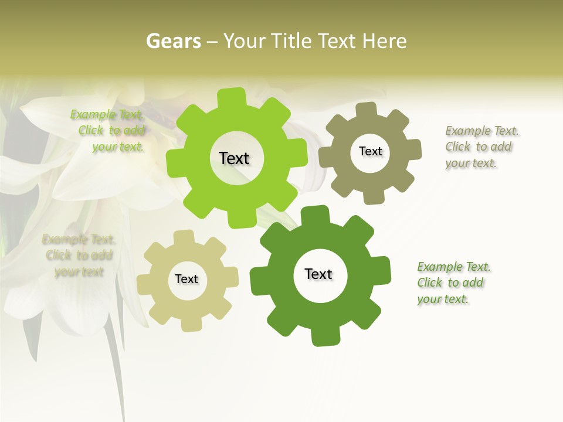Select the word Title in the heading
[x=293, y=41]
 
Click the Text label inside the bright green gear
[x=234, y=158]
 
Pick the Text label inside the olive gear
[x=370, y=151]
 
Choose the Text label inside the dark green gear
[x=318, y=274]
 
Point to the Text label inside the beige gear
[x=186, y=279]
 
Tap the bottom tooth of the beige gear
[x=191, y=323]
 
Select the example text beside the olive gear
[x=481, y=147]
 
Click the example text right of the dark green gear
[x=453, y=283]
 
